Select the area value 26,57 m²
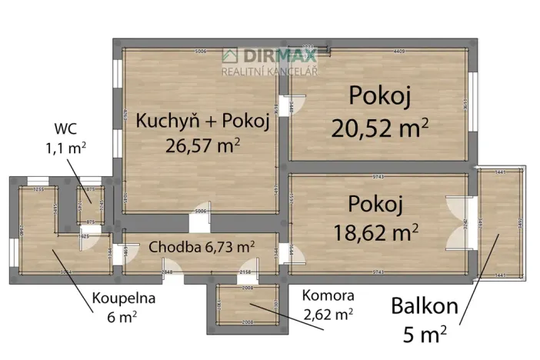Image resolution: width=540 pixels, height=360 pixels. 203,145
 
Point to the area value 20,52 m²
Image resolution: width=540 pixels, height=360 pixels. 379,127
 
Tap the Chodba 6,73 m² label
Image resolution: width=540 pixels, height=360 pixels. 202,247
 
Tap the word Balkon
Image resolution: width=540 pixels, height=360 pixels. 425,306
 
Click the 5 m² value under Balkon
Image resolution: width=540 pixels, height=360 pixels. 425,334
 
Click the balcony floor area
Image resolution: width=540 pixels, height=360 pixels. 501,223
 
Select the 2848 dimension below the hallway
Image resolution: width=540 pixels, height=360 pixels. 166,272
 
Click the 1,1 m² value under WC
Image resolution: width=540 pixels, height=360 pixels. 66,145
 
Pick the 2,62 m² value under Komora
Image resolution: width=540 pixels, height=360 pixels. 328,313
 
